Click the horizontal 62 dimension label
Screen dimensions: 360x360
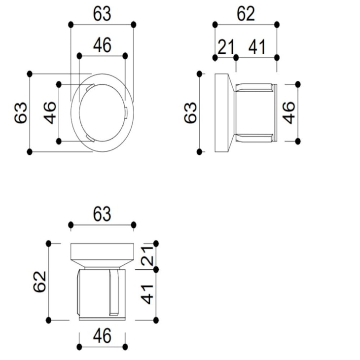point(246,14)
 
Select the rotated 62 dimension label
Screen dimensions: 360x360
point(40,282)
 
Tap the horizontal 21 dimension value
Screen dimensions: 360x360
point(226,47)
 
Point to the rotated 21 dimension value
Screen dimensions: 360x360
point(147,255)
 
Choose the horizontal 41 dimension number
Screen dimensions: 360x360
point(257,47)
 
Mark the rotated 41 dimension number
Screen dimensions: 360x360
point(147,294)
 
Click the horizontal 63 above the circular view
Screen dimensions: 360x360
point(102,14)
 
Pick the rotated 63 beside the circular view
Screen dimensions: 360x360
point(21,113)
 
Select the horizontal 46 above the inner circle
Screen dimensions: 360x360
point(102,45)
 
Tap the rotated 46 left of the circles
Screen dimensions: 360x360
point(50,113)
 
